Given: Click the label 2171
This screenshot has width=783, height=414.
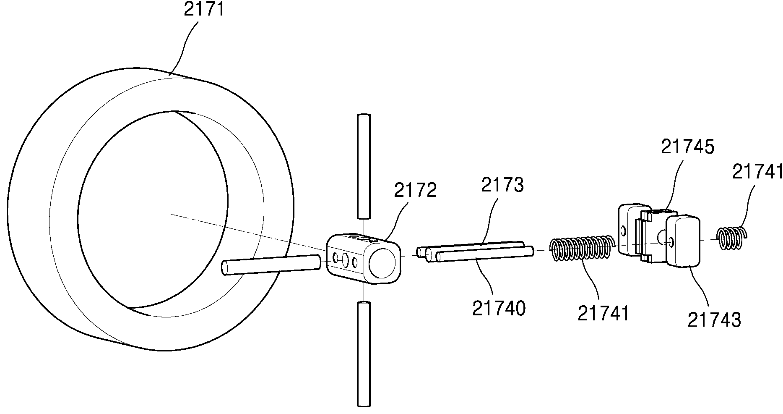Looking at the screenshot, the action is coord(204,9).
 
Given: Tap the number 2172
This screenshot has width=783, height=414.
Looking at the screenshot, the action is coord(415,191).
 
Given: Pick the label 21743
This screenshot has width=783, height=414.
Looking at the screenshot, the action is coord(714,320).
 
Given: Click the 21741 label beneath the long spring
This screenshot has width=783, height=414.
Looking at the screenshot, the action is coord(604,313).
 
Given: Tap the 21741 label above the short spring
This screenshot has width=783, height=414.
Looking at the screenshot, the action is coord(757,172).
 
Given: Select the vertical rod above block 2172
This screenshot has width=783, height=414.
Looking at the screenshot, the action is coord(364,166).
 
